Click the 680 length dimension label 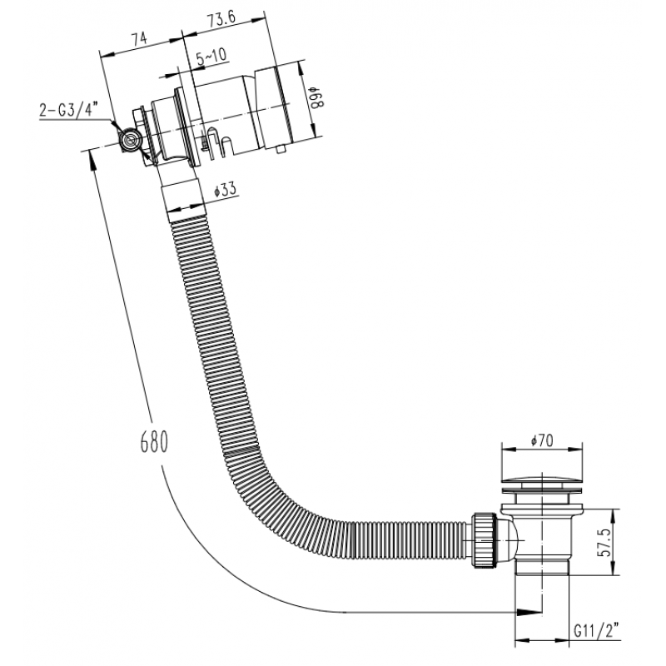pos(154,441)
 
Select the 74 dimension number pos(138,38)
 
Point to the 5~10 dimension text pos(212,57)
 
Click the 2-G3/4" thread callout pos(68,111)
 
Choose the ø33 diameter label pos(225,190)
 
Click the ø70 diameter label pos(542,441)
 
